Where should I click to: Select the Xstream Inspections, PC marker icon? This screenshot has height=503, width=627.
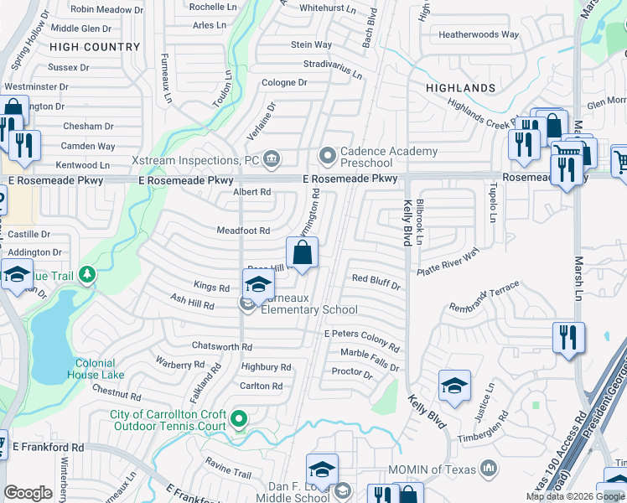tap(272, 159)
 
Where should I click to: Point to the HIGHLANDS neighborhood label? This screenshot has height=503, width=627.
tap(460, 88)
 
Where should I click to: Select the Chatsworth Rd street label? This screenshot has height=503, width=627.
tap(222, 346)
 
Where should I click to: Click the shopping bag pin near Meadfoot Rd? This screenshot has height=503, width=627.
tap(302, 251)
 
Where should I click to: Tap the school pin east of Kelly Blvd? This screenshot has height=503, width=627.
tap(454, 385)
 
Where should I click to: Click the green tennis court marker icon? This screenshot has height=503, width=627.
tap(239, 419)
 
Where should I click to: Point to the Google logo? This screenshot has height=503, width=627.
tap(28, 493)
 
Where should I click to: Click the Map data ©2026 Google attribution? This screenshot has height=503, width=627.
tap(575, 496)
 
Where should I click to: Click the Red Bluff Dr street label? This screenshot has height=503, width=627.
tap(376, 282)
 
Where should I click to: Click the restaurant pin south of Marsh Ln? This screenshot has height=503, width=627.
tap(569, 337)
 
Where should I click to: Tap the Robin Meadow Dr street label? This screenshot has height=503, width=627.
tap(107, 9)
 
